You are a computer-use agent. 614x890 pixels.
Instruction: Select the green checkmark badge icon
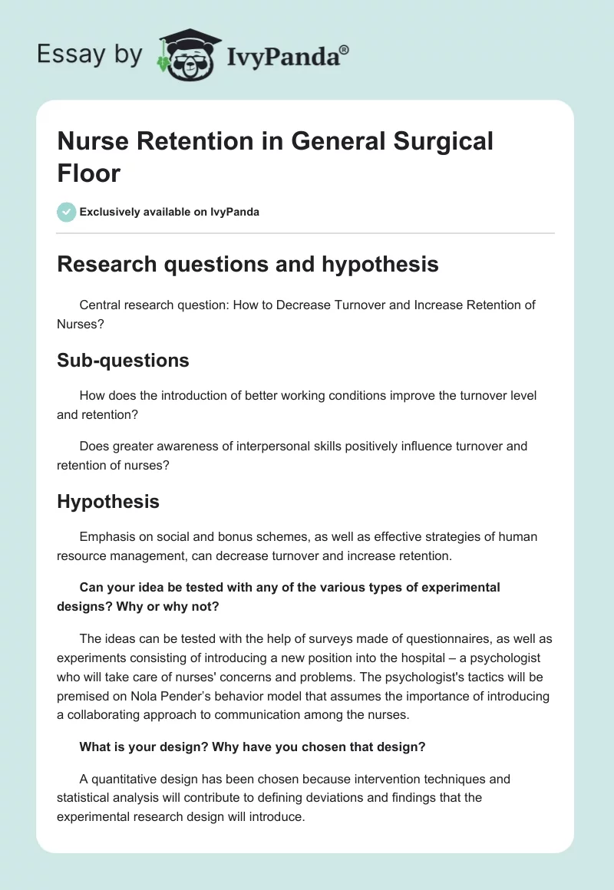[x=67, y=212]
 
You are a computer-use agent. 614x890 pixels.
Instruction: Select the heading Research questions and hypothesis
[x=248, y=264]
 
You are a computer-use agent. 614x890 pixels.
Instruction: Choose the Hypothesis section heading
[x=108, y=502]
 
